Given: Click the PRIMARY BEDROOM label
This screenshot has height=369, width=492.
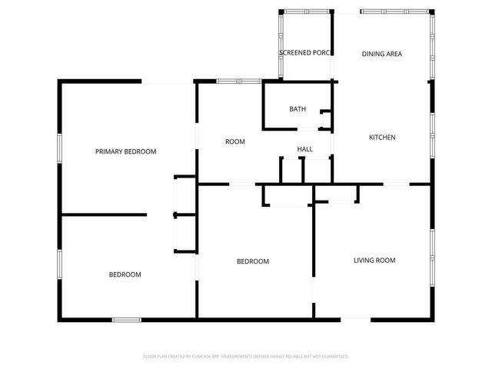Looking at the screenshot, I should coord(125,151).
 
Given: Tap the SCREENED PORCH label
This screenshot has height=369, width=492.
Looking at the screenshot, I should coord(305,53).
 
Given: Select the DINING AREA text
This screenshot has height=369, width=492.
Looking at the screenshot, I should coord(382,54).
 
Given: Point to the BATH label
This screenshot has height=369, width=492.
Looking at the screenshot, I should coord(298,109).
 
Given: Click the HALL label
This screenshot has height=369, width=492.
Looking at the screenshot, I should coord(304,149).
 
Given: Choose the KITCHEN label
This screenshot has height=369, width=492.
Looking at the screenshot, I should coord(382,138).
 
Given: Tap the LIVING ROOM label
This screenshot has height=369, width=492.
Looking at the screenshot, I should coord(374,261).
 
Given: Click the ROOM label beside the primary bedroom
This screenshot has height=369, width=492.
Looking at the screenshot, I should coord(234,141).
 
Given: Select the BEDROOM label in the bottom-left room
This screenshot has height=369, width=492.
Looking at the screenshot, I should coord(125,274).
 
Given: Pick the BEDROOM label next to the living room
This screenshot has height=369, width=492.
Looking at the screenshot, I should coord(252,261).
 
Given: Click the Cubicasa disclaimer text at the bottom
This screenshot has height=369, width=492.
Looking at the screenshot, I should coord(246,357).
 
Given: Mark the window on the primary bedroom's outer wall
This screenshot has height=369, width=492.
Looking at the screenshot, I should coord(60,148).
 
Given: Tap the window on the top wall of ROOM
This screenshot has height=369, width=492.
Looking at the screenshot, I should coord(228,81).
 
